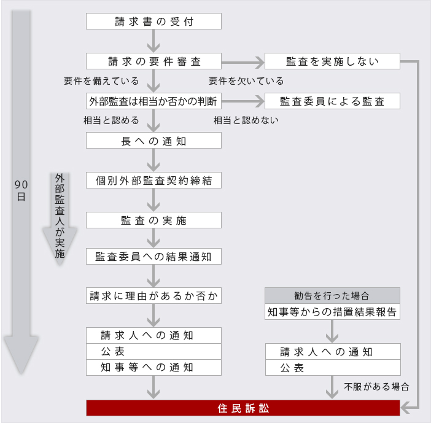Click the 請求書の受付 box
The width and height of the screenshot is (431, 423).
[x=153, y=21]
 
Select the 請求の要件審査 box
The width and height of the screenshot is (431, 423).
[x=153, y=61]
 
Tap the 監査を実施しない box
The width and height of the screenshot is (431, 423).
[x=332, y=61]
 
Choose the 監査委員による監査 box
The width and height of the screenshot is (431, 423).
[x=332, y=101]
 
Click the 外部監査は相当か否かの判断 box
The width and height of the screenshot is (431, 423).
[x=153, y=101]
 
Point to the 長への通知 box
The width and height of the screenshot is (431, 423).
[x=153, y=141]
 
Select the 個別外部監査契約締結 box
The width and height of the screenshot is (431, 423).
[x=153, y=180]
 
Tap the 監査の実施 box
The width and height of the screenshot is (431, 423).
[x=153, y=220]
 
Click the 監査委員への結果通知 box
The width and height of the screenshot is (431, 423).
[x=153, y=257]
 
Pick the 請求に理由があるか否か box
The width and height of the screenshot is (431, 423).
[x=153, y=296]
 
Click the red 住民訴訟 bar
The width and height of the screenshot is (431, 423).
[x=243, y=408]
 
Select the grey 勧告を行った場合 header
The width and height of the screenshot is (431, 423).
[x=332, y=296]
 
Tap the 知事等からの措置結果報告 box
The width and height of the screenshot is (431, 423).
[x=332, y=312]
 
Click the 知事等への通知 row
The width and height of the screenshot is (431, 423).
[x=153, y=368]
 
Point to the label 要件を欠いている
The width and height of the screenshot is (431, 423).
[x=246, y=81]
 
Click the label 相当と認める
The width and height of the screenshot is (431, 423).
[x=111, y=120]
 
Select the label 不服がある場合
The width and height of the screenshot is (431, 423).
[x=376, y=387]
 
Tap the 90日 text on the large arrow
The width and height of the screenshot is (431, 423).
[x=21, y=190]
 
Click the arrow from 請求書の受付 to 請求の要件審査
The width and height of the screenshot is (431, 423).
[x=153, y=41]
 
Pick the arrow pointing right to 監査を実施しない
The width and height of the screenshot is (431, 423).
[x=243, y=63]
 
